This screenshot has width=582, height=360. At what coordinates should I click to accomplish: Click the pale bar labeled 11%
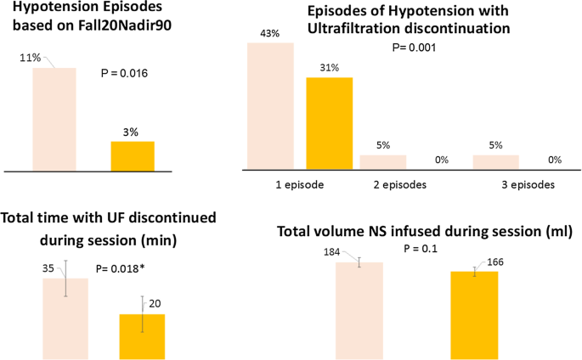click(54, 119)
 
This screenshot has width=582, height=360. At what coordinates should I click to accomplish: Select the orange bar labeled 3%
click(133, 156)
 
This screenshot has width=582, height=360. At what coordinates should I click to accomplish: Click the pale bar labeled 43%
click(269, 105)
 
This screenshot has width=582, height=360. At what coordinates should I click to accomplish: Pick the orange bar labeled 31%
click(329, 123)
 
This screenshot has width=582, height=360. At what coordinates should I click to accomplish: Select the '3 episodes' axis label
click(525, 183)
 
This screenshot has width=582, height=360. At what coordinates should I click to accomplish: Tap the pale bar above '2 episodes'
click(383, 162)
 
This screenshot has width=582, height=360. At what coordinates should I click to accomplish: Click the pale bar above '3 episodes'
click(495, 162)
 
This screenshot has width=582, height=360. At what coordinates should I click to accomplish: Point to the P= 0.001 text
click(414, 48)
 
